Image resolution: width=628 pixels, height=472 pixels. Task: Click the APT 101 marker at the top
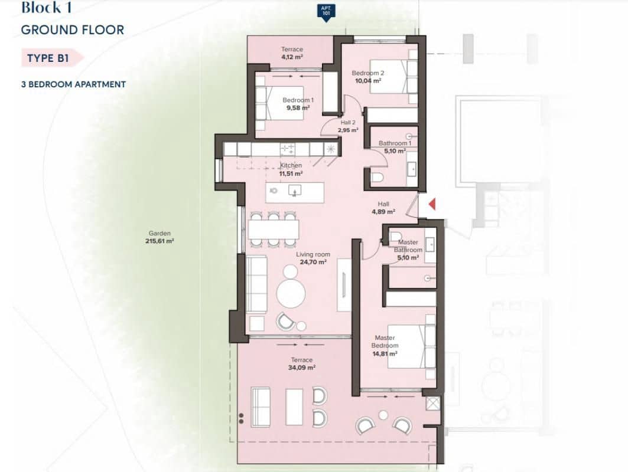(324, 11)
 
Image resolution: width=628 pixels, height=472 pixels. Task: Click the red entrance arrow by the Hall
(432, 204)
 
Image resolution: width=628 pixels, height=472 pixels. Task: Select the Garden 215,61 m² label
(160, 237)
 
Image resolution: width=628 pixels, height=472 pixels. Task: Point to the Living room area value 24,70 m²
(313, 263)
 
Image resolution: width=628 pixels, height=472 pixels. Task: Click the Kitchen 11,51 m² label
(291, 169)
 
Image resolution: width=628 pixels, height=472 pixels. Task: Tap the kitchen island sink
(294, 191)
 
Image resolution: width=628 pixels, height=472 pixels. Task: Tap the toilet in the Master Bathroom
(396, 238)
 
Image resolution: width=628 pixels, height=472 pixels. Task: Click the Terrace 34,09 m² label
(301, 363)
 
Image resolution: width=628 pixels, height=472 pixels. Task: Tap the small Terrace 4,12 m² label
(292, 53)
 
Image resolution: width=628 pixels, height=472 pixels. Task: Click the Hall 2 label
(348, 126)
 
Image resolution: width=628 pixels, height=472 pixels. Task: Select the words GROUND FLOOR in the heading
(72, 29)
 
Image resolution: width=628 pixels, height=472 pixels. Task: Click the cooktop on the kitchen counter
(288, 149)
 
